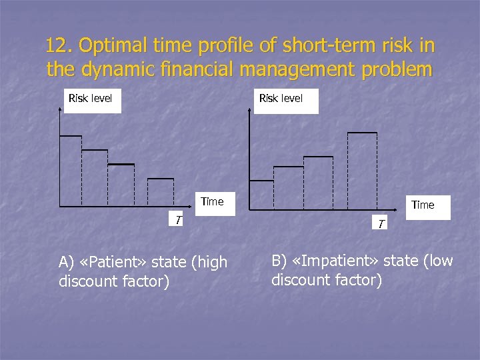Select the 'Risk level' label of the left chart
90,99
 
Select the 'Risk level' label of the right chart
281,99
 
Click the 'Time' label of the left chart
212,201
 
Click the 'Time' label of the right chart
423,205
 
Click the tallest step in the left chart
71,136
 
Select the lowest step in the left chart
161,179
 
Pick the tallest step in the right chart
362,133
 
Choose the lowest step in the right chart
261,181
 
